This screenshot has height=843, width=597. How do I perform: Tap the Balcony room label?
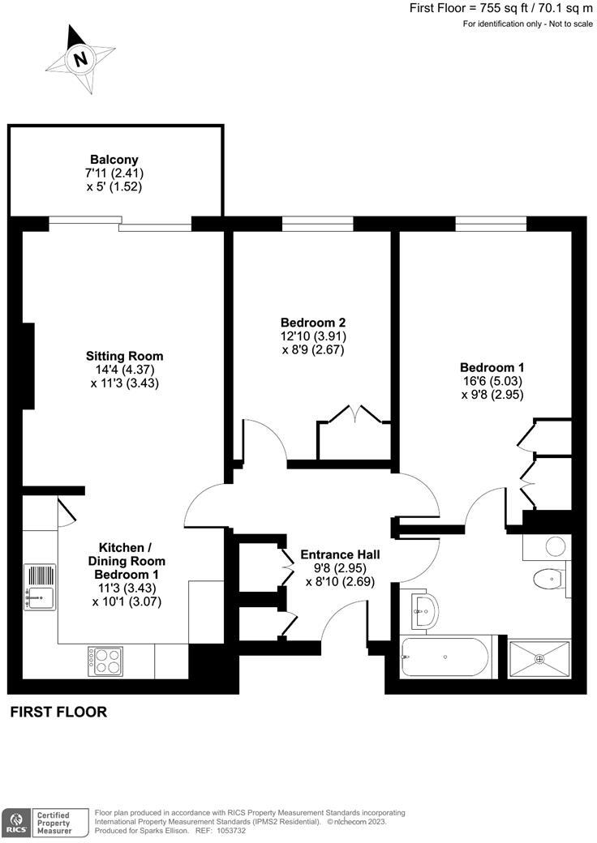(114, 160)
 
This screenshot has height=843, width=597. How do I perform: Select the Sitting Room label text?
(124, 356)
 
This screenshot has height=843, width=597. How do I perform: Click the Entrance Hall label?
(340, 554)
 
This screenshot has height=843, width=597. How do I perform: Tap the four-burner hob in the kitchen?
(105, 661)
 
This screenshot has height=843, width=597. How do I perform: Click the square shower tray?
(539, 657)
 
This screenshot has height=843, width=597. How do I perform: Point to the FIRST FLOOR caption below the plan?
(58, 712)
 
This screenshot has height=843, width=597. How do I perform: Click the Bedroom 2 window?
(317, 222)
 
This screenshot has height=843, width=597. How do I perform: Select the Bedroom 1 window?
(491, 222)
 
